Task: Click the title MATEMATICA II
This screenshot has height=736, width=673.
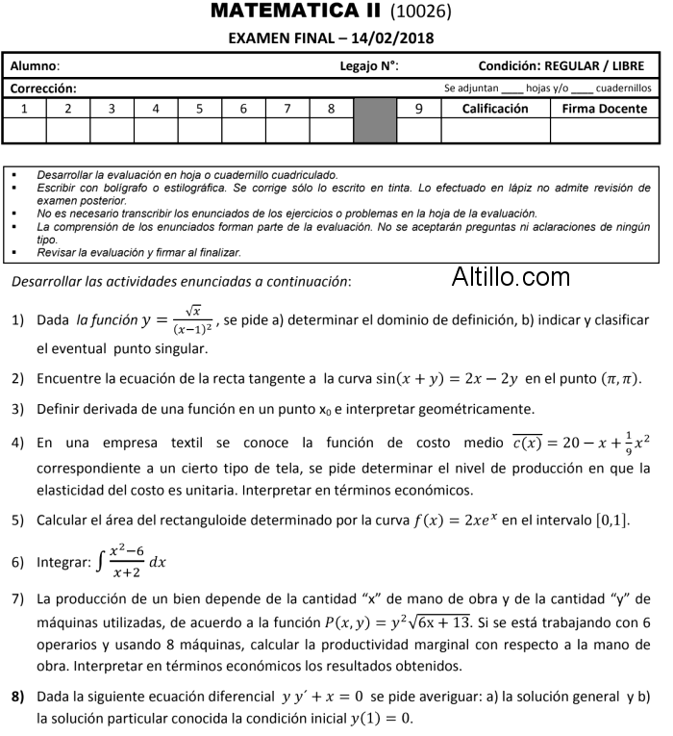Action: coord(295,12)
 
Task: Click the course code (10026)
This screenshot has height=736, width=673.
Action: coord(421,13)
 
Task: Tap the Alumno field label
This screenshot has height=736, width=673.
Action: coord(35,66)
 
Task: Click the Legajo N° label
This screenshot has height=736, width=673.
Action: coord(369,66)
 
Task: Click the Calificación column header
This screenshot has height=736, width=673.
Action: coord(495,109)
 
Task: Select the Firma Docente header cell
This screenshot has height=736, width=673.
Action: coord(605,109)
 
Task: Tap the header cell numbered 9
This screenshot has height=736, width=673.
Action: coord(418,109)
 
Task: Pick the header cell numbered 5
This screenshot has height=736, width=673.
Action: coord(199,109)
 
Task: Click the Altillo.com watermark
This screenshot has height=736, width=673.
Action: coord(511,278)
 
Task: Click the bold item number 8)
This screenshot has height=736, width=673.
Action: coord(18,696)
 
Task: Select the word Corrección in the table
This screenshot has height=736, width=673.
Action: coord(43,88)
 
